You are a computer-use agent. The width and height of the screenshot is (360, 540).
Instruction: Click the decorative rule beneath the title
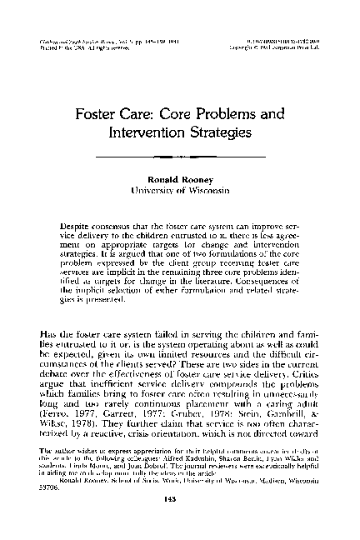(180, 156)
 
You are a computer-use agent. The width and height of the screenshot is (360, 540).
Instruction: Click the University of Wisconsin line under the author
(180, 192)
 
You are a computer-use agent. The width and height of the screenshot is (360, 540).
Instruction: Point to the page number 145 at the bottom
(179, 512)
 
